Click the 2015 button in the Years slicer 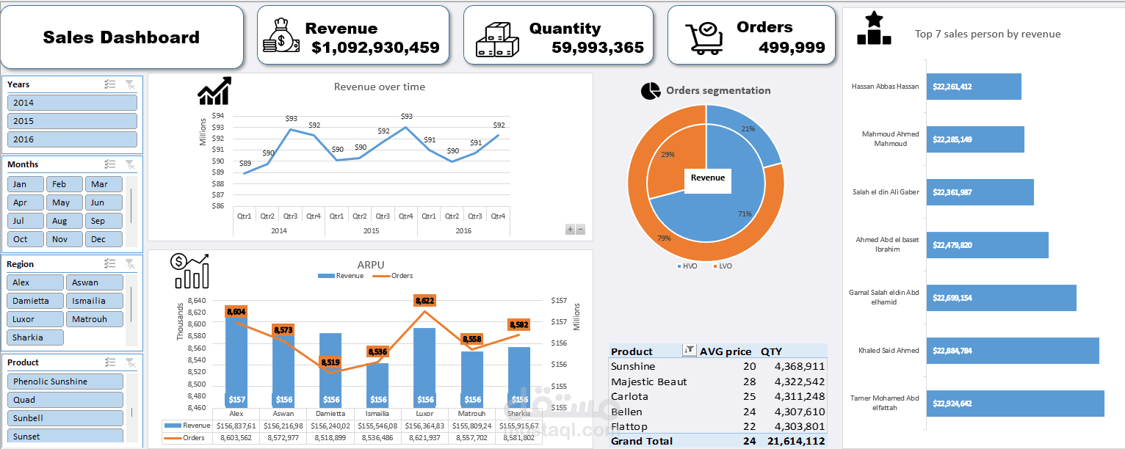tap(72, 121)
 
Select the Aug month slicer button tap(65, 221)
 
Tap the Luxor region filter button tap(35, 319)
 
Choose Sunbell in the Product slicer tap(65, 418)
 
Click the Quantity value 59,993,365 tap(597, 48)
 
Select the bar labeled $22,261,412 tap(974, 87)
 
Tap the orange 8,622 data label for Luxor tap(424, 301)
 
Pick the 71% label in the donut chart tap(745, 214)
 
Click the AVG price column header tap(726, 351)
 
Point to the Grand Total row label tap(641, 441)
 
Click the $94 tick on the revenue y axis tap(218, 115)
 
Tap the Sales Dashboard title tap(121, 37)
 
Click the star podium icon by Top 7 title tap(874, 29)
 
